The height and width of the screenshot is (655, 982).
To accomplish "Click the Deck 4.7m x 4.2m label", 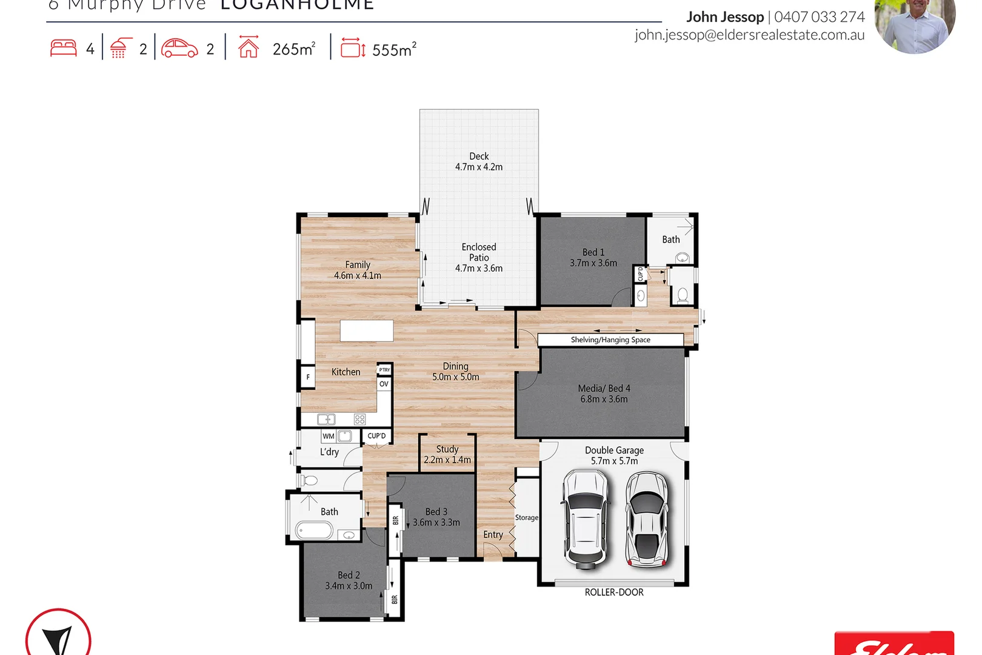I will coord(478,161).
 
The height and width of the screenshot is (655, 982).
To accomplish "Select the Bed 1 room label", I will coord(593,257).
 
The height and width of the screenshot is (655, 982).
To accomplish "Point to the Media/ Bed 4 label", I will coord(604,394).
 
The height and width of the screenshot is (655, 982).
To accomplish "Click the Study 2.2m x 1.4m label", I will coord(447,454).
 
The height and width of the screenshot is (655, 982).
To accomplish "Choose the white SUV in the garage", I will coord(584,519).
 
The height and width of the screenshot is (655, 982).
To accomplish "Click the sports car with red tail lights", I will coord(647,519).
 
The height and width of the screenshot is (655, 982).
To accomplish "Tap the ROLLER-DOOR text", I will coord(613,593).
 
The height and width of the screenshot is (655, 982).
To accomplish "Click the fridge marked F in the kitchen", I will coord(308,377).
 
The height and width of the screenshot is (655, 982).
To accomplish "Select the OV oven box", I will coord(384,384).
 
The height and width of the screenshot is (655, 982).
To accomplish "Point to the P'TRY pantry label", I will coord(384,369).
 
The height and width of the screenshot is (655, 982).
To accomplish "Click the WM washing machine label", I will coord(329,436).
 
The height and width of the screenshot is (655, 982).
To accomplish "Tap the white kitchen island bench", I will coord(366,331).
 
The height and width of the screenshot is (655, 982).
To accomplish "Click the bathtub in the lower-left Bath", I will coord(314,531).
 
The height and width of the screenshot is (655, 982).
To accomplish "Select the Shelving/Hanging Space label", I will coord(610,340).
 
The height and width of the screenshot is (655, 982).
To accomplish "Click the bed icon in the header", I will coord(64,48).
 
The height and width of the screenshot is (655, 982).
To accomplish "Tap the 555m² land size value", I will coord(394,50).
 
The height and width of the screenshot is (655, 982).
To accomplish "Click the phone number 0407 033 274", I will coord(819,17).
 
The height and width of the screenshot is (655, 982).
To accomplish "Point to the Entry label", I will coord(493,534).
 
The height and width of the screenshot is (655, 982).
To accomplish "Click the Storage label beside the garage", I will coord(526,517).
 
